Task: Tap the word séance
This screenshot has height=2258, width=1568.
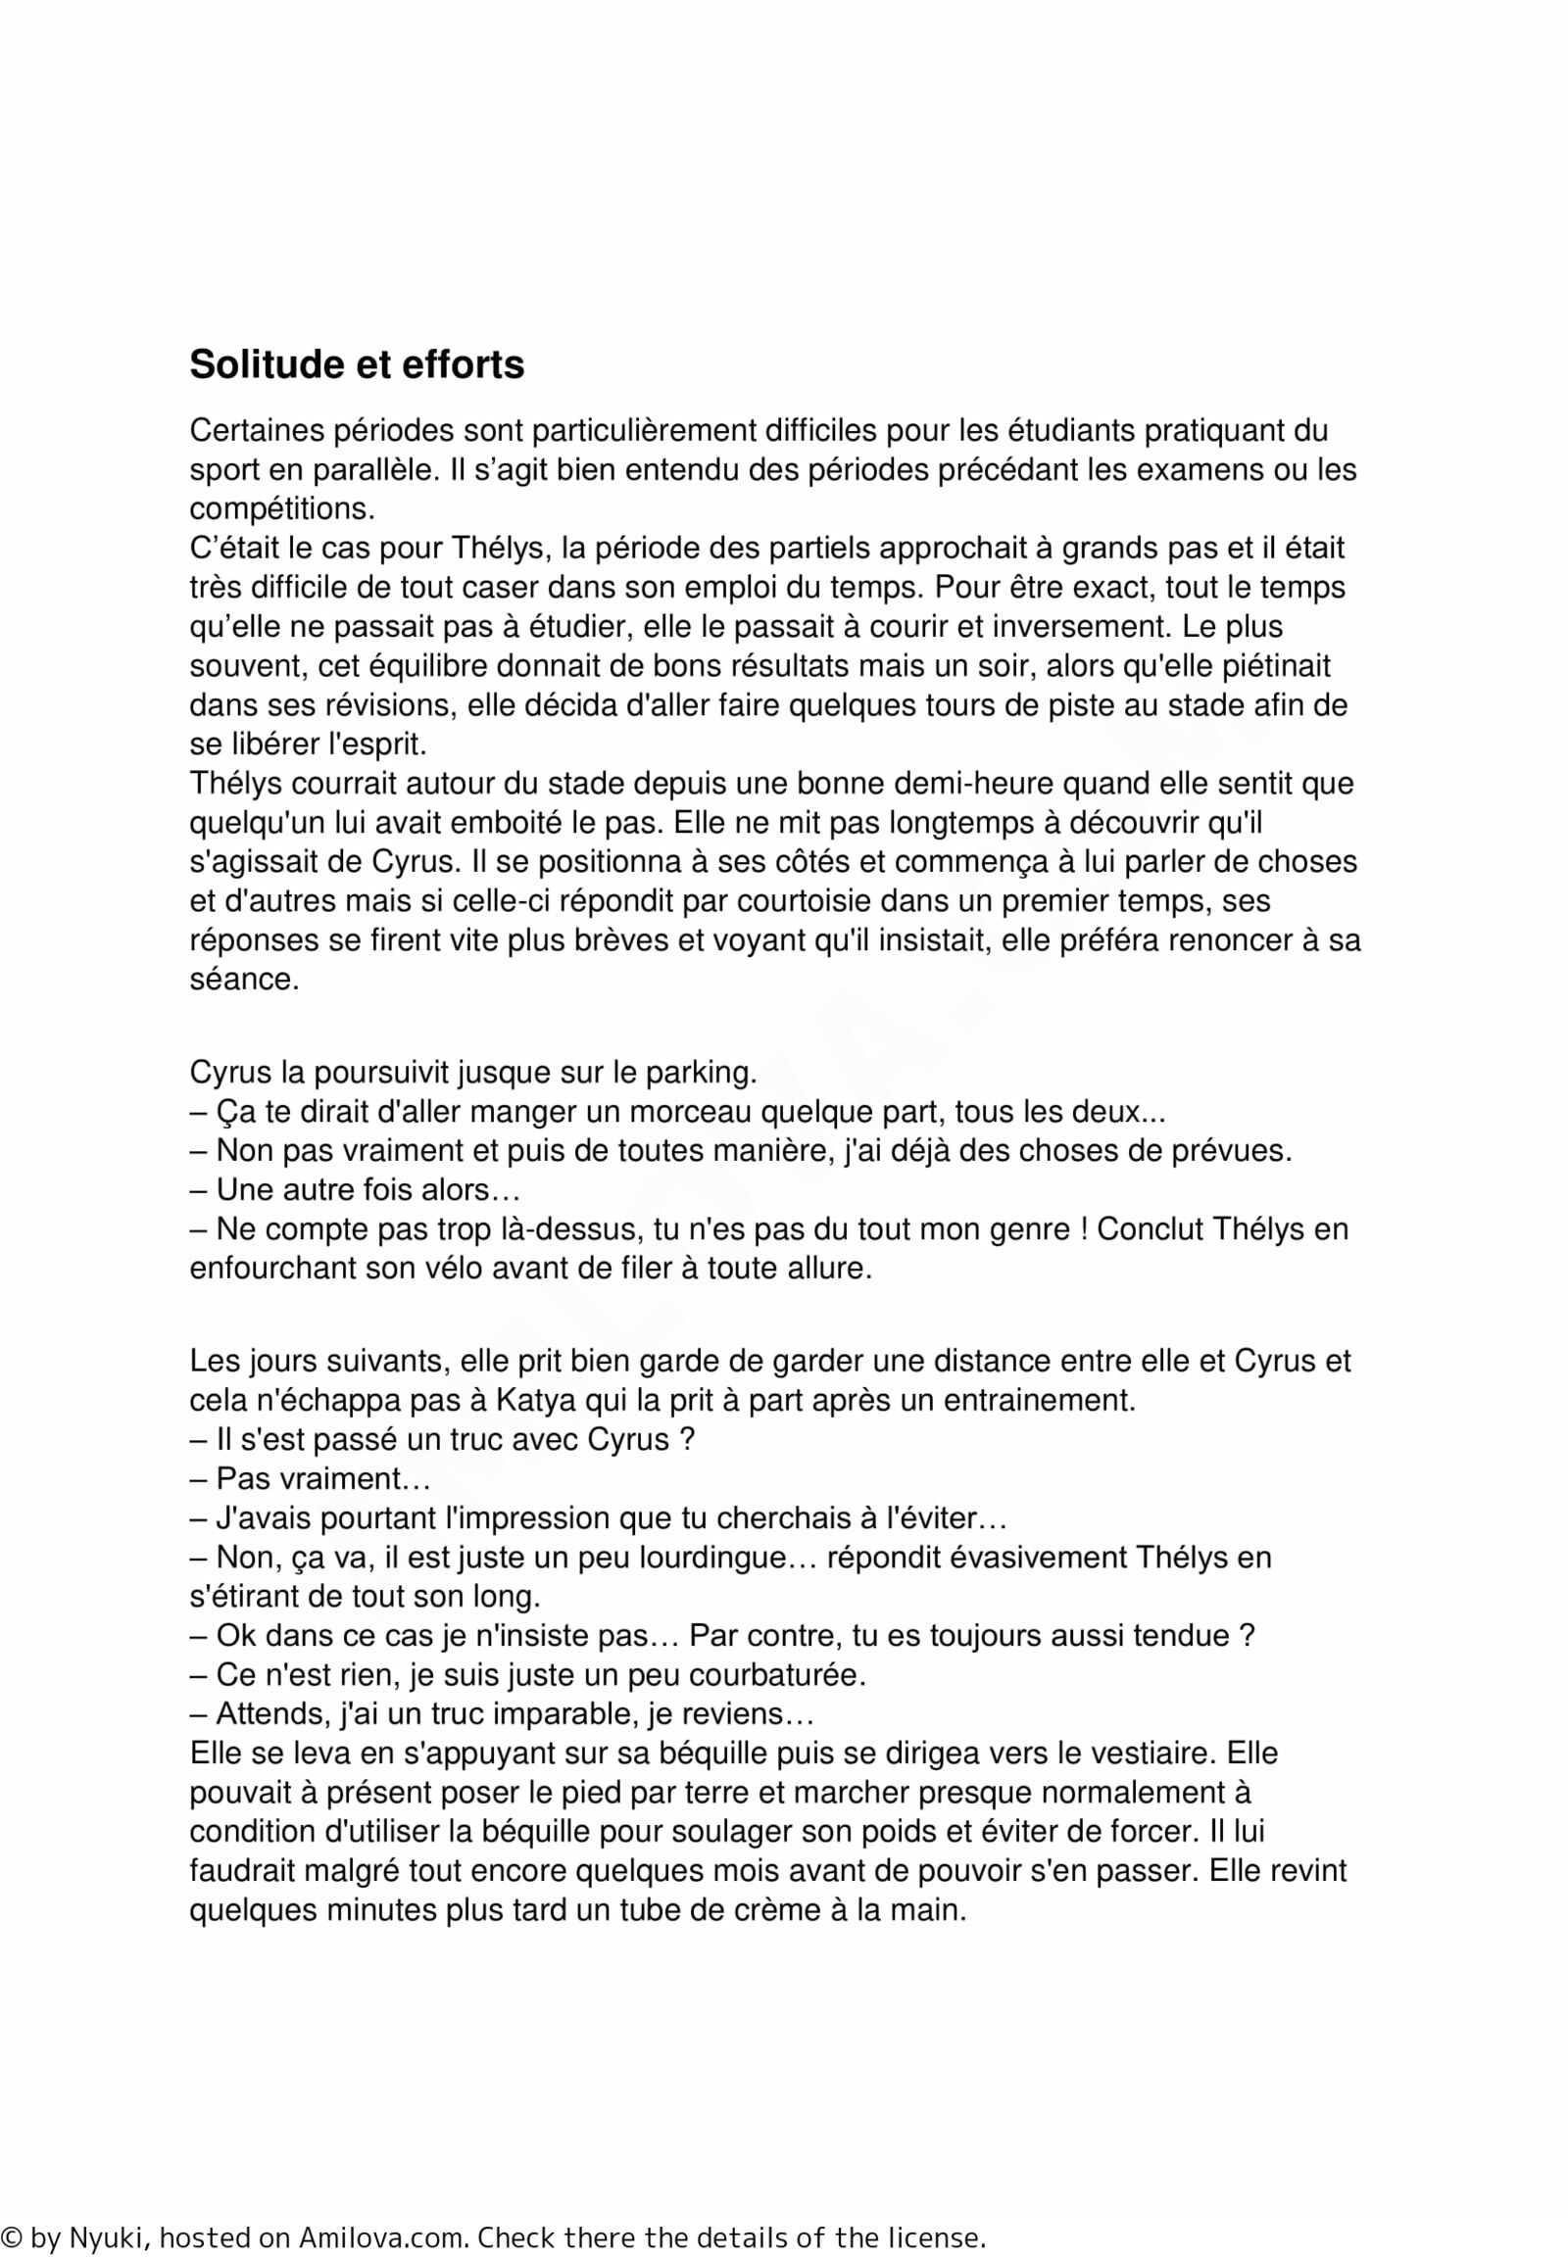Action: pos(244,981)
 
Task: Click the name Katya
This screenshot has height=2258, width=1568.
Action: pos(540,1401)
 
